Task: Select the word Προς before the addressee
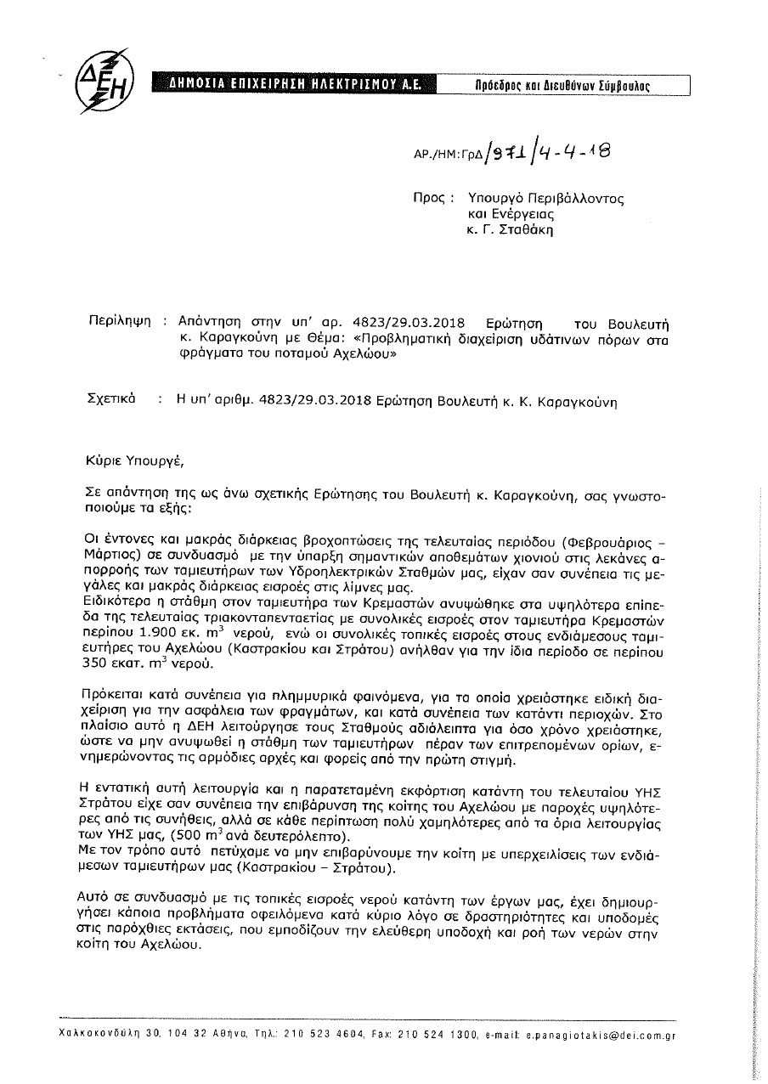[429, 198]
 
